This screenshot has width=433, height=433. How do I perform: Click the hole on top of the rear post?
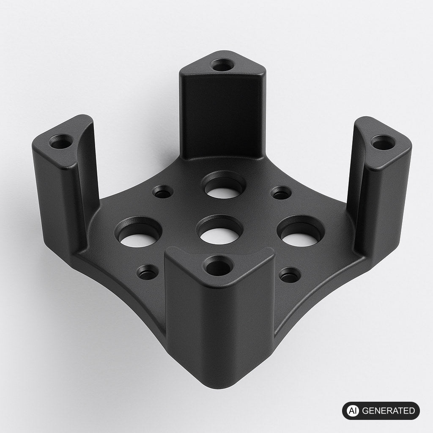222,65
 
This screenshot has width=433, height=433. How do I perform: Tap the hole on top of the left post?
61,141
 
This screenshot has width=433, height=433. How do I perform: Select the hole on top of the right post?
383,143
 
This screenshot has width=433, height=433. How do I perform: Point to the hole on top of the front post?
219,266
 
